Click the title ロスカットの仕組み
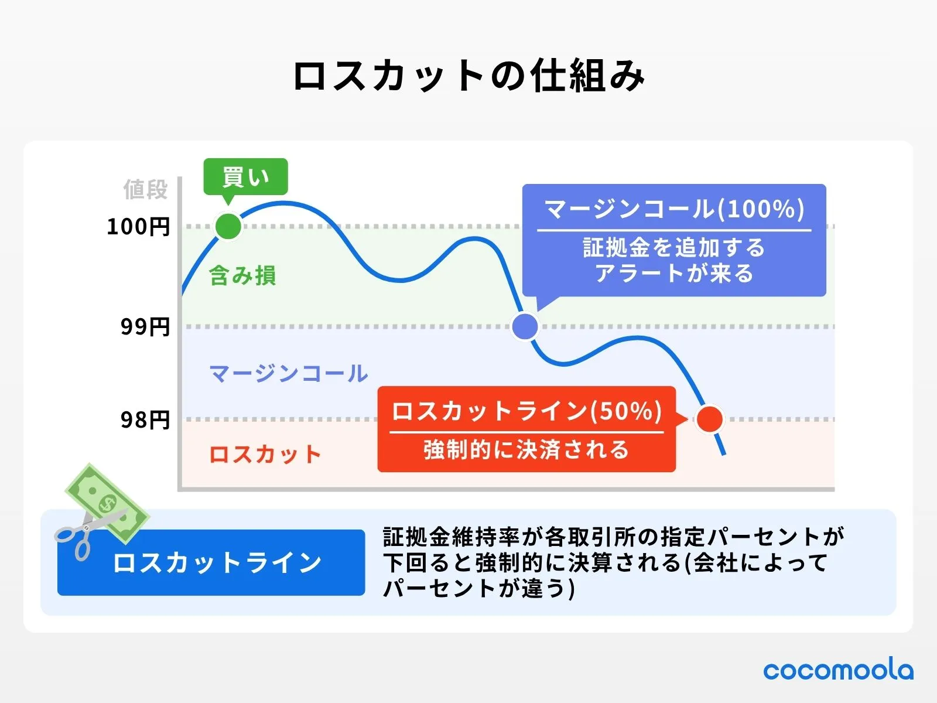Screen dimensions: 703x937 (x=468, y=76)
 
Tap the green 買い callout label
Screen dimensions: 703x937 (x=245, y=176)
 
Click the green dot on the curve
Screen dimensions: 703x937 (x=228, y=226)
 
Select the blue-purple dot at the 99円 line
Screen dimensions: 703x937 (x=525, y=326)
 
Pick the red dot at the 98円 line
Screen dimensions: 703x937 (x=710, y=419)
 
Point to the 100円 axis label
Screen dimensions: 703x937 (x=138, y=227)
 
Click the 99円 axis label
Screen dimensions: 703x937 (x=145, y=327)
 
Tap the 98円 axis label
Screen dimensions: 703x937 (x=145, y=420)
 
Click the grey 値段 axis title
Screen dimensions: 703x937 (x=145, y=190)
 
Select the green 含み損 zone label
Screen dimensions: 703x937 (x=242, y=275)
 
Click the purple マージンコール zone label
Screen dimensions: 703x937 (x=289, y=373)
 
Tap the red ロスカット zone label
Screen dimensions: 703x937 (x=265, y=455)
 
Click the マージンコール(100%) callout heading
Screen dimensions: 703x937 (x=674, y=209)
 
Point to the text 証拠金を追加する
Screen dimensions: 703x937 (x=674, y=247)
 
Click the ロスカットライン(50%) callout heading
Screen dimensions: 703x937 (x=526, y=411)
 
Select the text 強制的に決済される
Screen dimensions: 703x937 (x=526, y=450)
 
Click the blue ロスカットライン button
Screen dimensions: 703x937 (x=211, y=563)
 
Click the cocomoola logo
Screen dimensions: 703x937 (x=838, y=670)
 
